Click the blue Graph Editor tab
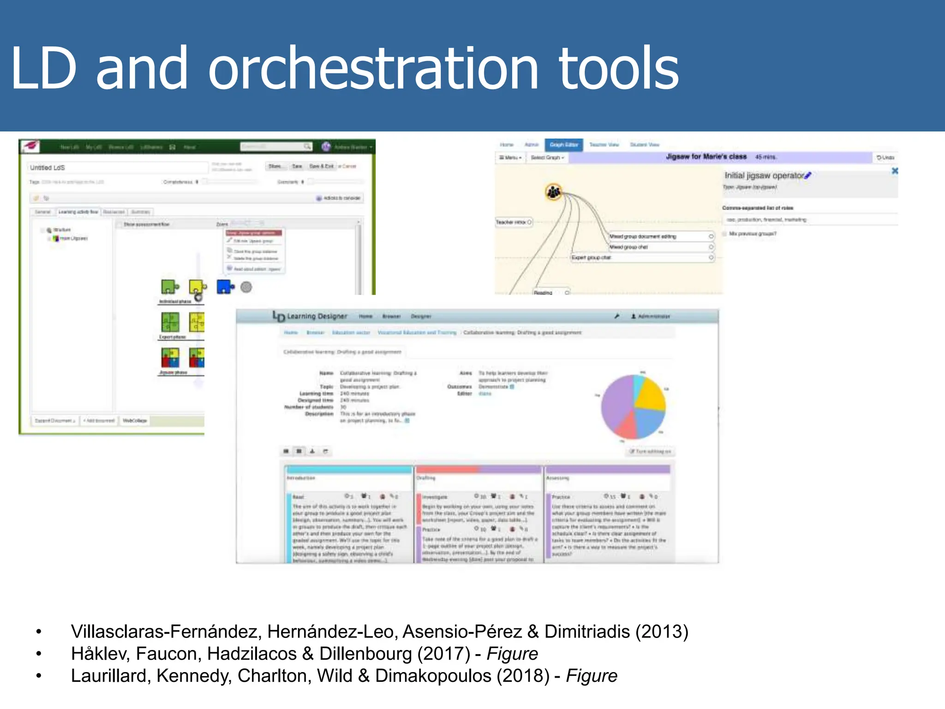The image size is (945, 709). (x=563, y=145)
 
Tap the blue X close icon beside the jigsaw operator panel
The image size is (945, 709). (x=895, y=171)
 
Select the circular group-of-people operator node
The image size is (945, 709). (x=554, y=192)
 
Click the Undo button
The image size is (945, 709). (x=885, y=157)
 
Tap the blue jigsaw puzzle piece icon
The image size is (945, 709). (x=225, y=287)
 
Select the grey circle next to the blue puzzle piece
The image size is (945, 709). (x=246, y=287)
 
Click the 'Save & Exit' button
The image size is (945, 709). (x=321, y=166)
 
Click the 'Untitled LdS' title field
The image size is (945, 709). (x=115, y=168)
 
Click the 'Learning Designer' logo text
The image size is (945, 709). (x=317, y=316)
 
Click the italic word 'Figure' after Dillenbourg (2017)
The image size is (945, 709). (x=512, y=654)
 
